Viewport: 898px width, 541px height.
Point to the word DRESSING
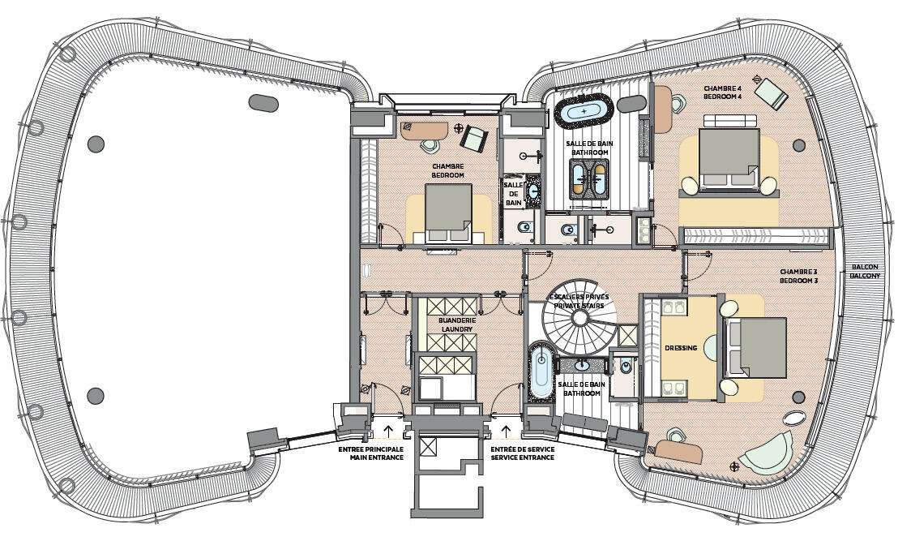681,348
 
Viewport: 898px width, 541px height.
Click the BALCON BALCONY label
865,272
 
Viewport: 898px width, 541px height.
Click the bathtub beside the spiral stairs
540,371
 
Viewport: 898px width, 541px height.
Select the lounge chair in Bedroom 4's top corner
771,92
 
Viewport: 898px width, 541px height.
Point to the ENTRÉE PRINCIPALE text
371,449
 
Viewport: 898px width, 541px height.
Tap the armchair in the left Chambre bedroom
473,138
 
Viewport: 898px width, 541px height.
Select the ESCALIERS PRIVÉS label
579,297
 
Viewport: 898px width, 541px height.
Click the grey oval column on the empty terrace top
263,103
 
